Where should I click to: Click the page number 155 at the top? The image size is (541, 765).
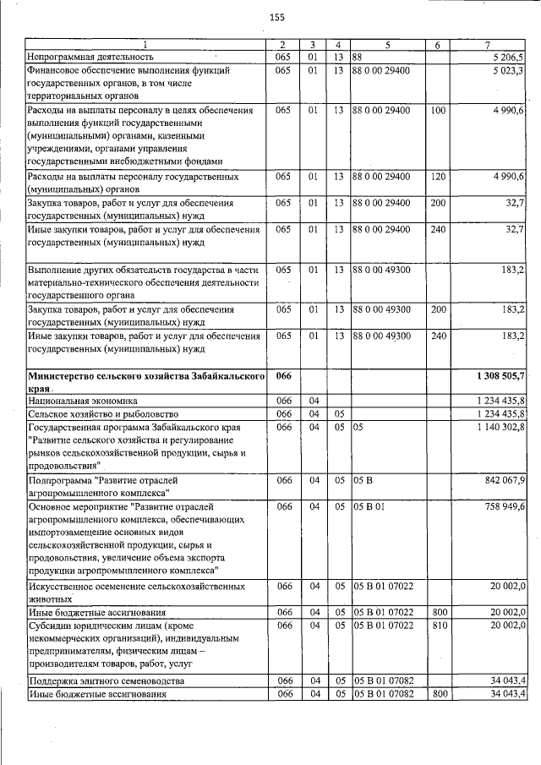[x=276, y=18]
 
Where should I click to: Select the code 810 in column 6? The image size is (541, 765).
[x=438, y=624]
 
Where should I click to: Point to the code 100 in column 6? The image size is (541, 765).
[x=438, y=111]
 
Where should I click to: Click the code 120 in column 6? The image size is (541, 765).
[x=438, y=177]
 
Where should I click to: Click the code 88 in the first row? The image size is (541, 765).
[x=358, y=57]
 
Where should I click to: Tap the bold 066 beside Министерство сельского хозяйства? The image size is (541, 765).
[x=283, y=375]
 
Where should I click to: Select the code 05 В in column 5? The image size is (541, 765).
[x=363, y=480]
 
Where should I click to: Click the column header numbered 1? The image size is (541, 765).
[x=144, y=44]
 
